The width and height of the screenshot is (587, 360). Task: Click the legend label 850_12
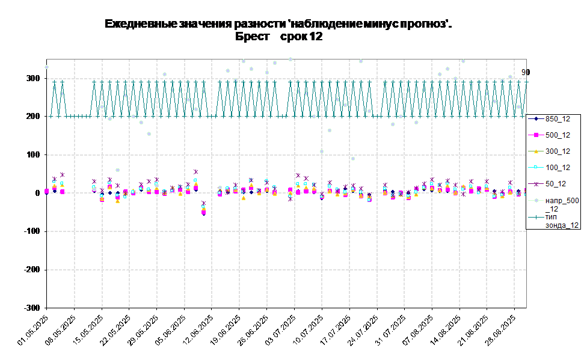pyautogui.click(x=557, y=118)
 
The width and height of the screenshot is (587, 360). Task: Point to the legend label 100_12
pyautogui.click(x=557, y=168)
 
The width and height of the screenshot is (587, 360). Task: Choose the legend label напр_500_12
pyautogui.click(x=562, y=204)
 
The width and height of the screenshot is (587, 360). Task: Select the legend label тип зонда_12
pyautogui.click(x=562, y=221)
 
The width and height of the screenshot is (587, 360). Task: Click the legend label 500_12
pyautogui.click(x=557, y=135)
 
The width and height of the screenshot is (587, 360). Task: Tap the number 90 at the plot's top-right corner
pyautogui.click(x=524, y=72)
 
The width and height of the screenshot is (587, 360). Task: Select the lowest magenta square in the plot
pyautogui.click(x=203, y=212)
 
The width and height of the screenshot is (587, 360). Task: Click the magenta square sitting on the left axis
pyautogui.click(x=47, y=191)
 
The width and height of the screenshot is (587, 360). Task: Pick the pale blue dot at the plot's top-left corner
pyautogui.click(x=46, y=67)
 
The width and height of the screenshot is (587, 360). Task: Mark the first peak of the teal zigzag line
pyautogui.click(x=54, y=82)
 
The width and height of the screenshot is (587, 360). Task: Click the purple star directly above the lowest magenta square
pyautogui.click(x=203, y=203)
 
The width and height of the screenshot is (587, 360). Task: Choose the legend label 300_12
pyautogui.click(x=557, y=151)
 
